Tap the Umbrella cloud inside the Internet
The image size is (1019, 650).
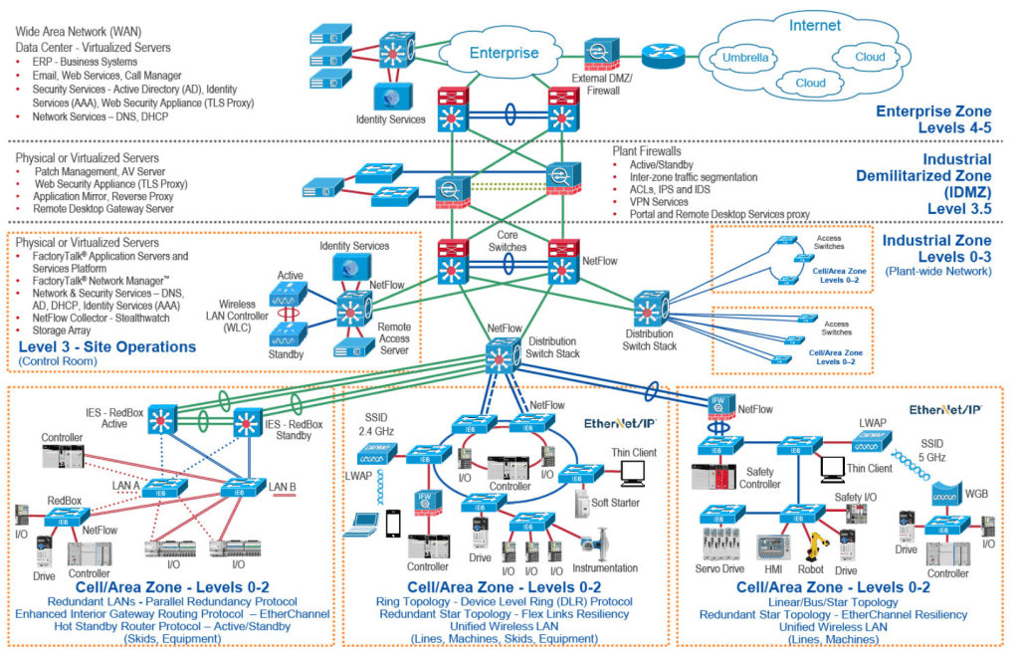tap(743, 58)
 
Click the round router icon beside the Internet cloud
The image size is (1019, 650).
tap(658, 56)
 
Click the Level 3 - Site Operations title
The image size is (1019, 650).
tap(107, 347)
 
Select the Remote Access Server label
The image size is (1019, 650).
tap(394, 338)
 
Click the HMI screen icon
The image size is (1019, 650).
tap(771, 548)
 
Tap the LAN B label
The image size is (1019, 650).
tap(282, 487)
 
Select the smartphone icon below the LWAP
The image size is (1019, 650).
tap(393, 523)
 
